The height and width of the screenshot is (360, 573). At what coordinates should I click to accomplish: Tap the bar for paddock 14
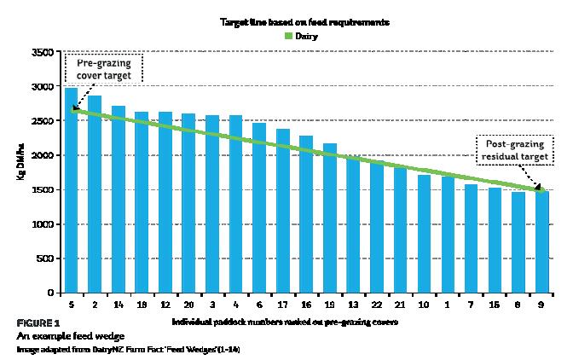pyautogui.click(x=119, y=200)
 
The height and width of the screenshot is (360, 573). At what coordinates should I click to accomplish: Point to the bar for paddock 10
pyautogui.click(x=424, y=234)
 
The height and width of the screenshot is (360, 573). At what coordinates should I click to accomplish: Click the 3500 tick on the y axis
pyautogui.click(x=41, y=52)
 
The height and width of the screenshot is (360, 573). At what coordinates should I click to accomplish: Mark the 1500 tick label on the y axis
pyautogui.click(x=41, y=189)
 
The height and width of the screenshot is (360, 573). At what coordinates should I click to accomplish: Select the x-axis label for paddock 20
pyautogui.click(x=189, y=304)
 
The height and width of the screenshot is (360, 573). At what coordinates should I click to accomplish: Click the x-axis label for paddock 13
pyautogui.click(x=354, y=304)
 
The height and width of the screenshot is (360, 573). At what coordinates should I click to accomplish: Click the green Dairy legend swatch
pyautogui.click(x=288, y=36)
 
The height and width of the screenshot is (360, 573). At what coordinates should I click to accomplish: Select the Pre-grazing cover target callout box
pyautogui.click(x=103, y=69)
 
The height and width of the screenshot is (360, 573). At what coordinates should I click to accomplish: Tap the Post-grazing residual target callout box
pyautogui.click(x=513, y=148)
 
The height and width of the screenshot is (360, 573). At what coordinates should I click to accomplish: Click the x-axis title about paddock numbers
pyautogui.click(x=286, y=322)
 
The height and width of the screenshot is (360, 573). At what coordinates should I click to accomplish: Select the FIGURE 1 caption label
pyautogui.click(x=38, y=323)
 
